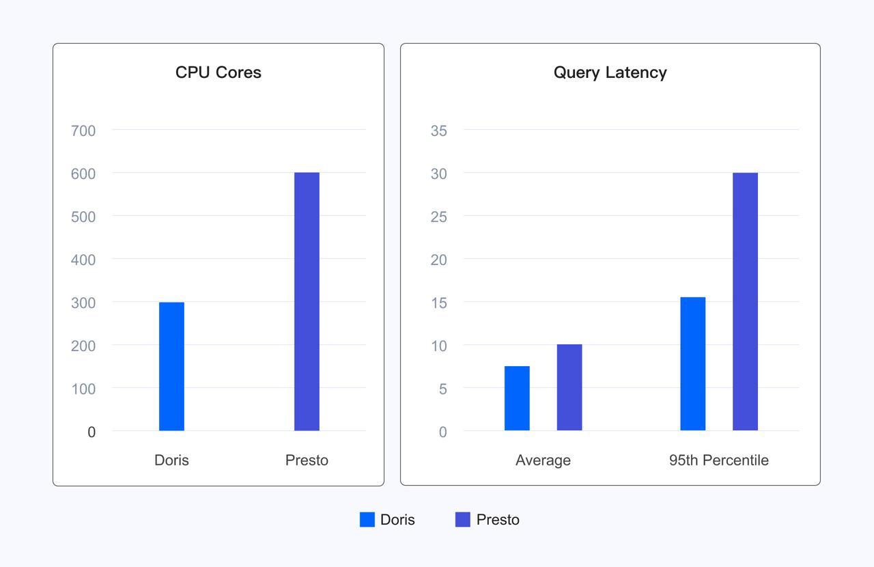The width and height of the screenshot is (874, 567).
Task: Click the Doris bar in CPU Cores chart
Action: click(x=171, y=366)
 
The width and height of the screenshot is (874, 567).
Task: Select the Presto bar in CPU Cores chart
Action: click(x=307, y=301)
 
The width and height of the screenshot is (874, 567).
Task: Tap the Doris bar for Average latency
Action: click(x=517, y=398)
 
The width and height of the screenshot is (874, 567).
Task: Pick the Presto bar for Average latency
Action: click(x=569, y=387)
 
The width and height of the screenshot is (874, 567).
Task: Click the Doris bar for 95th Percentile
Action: click(x=693, y=363)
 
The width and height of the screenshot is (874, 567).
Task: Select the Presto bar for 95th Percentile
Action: click(x=745, y=301)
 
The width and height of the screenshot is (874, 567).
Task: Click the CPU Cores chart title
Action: click(x=218, y=72)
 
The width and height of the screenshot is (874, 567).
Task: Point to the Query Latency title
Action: click(x=610, y=72)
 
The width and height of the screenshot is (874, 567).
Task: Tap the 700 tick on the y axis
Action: click(x=83, y=130)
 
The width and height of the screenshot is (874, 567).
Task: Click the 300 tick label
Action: click(x=83, y=303)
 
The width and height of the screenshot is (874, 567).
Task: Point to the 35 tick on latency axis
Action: click(x=438, y=130)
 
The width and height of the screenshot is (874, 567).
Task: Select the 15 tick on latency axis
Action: click(x=438, y=303)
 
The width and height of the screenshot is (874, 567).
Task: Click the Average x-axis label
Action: click(x=543, y=460)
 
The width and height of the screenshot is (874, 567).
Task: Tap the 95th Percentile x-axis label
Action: click(x=718, y=460)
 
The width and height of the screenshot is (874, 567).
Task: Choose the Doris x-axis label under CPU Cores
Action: click(x=171, y=460)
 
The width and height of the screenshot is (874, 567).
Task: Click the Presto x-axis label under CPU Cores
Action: click(x=307, y=460)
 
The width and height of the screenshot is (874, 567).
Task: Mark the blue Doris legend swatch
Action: click(x=367, y=520)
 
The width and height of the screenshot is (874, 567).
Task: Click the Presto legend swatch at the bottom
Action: click(x=463, y=520)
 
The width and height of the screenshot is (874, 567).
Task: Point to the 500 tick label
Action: click(x=83, y=217)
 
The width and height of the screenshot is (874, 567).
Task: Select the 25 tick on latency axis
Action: click(x=438, y=217)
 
